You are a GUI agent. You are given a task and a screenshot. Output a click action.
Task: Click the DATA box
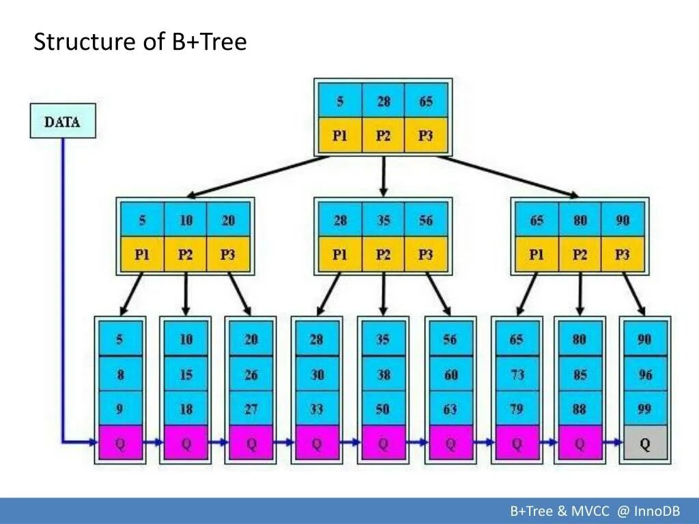[63, 123]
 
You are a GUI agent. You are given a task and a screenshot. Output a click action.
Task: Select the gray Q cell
[644, 444]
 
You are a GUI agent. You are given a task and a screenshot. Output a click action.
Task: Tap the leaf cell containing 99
[644, 409]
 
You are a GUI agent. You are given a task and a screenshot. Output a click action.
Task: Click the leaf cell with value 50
[383, 409]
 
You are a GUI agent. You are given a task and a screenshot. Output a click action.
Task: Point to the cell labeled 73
[517, 375]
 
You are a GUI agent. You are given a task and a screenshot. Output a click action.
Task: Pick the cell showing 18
[186, 409]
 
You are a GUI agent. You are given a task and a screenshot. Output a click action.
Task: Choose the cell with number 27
[251, 409]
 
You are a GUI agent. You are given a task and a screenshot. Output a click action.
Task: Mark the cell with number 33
[317, 409]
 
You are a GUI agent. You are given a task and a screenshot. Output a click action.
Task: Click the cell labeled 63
[450, 409]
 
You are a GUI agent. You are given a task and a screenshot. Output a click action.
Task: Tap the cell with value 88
[580, 409]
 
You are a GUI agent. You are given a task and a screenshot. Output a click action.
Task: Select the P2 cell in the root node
[384, 136]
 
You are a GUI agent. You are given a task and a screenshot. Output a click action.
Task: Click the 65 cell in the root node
[426, 102]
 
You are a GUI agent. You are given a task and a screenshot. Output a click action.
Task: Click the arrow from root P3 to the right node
[509, 176]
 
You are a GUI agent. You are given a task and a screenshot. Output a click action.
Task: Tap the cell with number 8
[122, 375]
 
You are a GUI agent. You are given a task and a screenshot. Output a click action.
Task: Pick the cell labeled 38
[383, 375]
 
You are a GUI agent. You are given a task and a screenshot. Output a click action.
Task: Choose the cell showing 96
[644, 375]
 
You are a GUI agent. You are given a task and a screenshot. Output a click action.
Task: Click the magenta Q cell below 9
[122, 444]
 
